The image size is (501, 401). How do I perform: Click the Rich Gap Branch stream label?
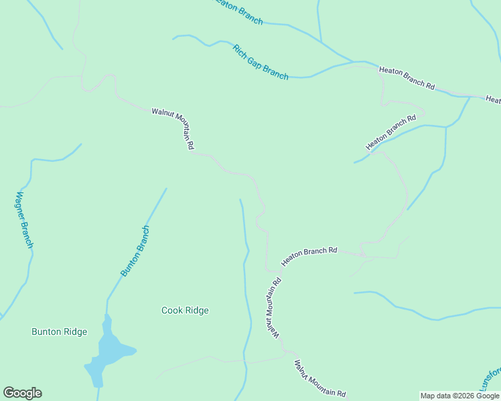click(261, 62)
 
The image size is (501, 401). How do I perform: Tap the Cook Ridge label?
click(185, 310)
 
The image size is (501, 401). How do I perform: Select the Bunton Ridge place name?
click(59, 331)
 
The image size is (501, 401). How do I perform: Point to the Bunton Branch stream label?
click(135, 251)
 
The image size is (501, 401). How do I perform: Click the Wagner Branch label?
click(24, 221)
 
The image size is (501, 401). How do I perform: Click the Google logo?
click(22, 393)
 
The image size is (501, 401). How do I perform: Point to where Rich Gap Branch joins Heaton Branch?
click(353, 63)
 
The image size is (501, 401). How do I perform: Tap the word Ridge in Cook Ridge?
click(197, 310)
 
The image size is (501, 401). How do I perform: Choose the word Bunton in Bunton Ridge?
click(46, 331)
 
